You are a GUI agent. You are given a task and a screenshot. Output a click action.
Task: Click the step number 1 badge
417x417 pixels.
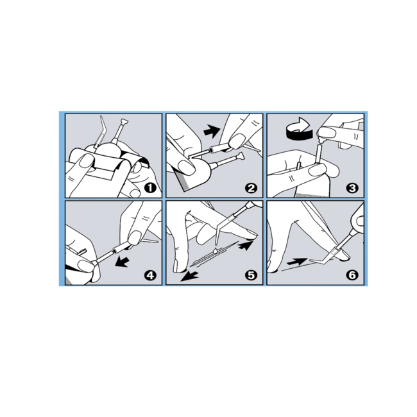coord(150,188)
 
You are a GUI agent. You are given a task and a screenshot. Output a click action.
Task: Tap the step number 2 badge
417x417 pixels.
coord(251,188)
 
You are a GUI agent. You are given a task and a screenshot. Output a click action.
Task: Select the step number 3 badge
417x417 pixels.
coord(352,188)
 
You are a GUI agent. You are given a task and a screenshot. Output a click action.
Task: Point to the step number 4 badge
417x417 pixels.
coord(150,275)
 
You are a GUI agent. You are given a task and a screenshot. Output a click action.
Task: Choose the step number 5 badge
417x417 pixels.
coord(251,275)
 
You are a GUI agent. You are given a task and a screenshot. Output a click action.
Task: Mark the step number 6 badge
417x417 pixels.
coord(352,275)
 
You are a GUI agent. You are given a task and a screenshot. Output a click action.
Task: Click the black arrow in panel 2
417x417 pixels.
coord(212,131)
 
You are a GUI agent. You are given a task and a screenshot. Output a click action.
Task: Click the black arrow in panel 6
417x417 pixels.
coord(297,262)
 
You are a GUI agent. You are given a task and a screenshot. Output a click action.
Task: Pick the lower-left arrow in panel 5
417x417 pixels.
coord(189,276)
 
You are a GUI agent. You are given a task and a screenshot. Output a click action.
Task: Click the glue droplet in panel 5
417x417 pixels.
coord(215,250)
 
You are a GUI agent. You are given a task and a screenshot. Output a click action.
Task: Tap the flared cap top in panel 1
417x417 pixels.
coord(124,123)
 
